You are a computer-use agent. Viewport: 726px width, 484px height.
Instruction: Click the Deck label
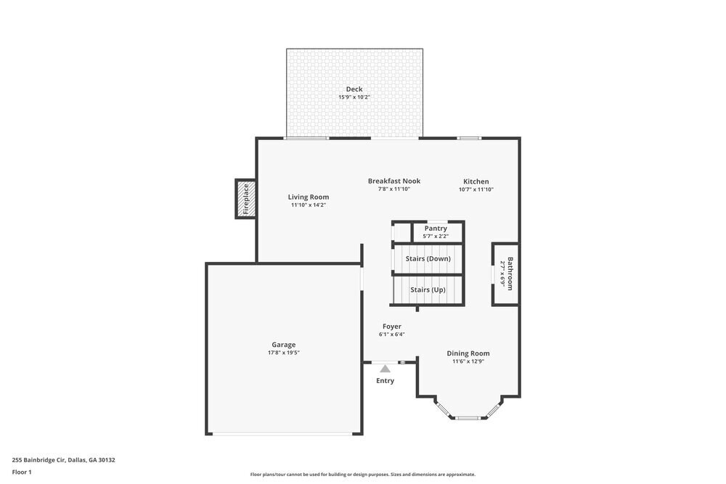pos(354,89)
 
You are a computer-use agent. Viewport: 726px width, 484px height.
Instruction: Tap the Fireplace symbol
pos(245,199)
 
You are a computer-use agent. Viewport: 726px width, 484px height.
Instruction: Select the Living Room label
pos(309,197)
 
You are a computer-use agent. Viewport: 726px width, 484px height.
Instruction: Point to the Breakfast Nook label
pos(394,181)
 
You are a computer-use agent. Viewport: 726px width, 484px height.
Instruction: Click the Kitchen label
pos(476,181)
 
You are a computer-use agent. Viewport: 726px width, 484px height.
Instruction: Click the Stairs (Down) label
pos(428,258)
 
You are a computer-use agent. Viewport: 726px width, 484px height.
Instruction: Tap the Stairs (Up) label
pos(428,290)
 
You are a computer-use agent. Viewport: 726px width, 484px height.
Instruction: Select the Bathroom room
pos(505,274)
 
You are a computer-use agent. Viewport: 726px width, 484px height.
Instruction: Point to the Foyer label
pos(392,327)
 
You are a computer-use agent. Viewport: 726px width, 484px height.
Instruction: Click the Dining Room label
pos(468,353)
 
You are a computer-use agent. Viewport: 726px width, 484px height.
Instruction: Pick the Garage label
pos(284,345)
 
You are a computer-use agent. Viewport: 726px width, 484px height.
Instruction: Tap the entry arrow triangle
pos(386,369)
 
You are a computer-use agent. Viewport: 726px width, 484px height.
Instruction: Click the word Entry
pos(386,381)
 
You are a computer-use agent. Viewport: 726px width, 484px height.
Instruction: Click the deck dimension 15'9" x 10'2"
pos(354,97)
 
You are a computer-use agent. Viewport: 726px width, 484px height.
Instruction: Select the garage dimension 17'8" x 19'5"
pos(284,353)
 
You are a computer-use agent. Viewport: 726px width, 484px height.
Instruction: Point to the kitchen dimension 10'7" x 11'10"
pos(476,189)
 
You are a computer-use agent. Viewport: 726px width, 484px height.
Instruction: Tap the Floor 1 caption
pos(22,472)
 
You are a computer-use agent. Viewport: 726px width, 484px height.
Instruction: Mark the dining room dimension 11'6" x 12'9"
pos(468,361)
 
